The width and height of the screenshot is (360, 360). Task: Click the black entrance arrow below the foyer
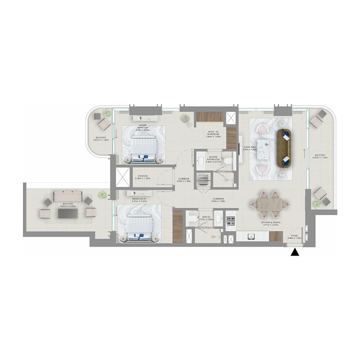pos(295,253)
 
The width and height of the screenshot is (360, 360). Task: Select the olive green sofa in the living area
pos(284,148)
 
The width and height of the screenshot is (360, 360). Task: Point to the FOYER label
pos(295,235)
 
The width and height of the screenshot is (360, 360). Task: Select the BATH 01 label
pos(207,217)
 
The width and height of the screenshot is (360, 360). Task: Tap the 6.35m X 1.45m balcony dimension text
pos(320,157)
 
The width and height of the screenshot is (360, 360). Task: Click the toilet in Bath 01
pos(191,219)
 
